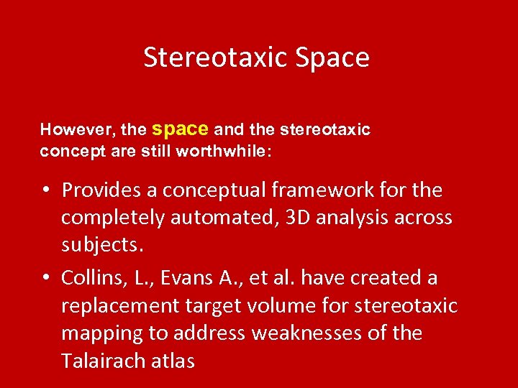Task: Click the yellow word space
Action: [x=180, y=129]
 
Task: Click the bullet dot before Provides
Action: [x=45, y=191]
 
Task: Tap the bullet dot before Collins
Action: [x=45, y=278]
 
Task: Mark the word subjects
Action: [x=102, y=246]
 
